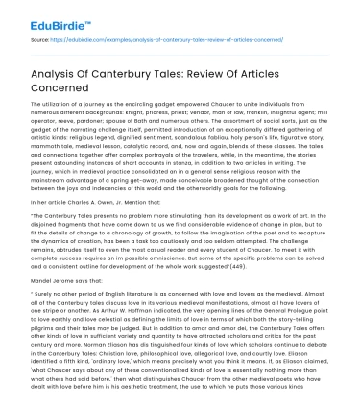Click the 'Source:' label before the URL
pos(41,41)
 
